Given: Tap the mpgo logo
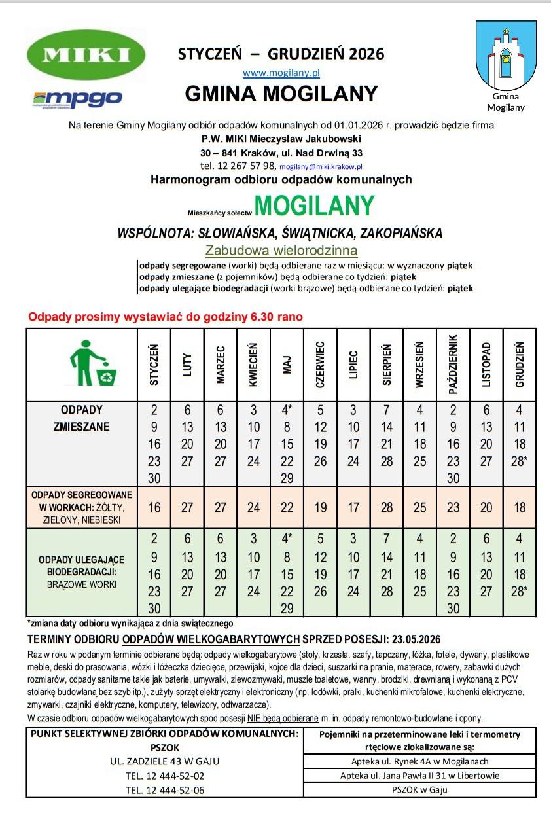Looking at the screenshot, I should click(x=77, y=99).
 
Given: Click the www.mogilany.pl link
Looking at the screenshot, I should click(x=281, y=73).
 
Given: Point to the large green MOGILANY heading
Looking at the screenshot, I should click(x=314, y=206).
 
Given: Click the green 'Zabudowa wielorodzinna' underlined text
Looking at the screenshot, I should click(x=281, y=250).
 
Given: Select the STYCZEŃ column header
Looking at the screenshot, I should click(x=154, y=365).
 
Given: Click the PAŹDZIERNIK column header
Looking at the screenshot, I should click(x=453, y=365).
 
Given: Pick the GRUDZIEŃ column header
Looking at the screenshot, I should click(x=520, y=365).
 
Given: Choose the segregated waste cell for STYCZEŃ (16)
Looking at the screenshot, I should click(x=154, y=507).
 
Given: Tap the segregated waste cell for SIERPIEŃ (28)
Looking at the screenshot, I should click(x=387, y=507).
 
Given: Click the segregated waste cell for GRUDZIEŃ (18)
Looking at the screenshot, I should click(x=520, y=507).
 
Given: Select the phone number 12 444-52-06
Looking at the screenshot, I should click(x=165, y=789).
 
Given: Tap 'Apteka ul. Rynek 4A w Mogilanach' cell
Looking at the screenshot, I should click(x=419, y=761).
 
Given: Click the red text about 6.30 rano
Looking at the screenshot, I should click(x=165, y=317).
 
